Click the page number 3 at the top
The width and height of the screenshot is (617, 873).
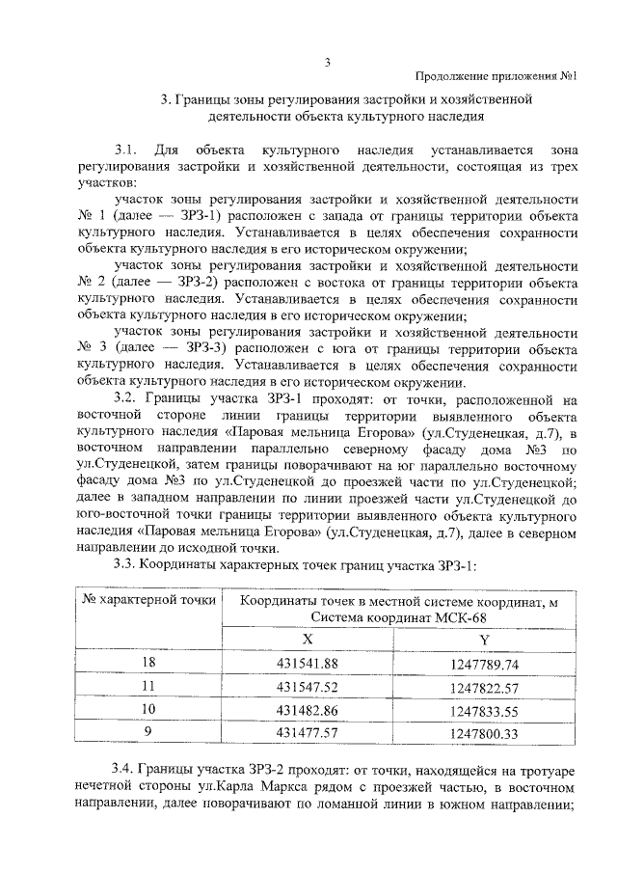[x=328, y=63]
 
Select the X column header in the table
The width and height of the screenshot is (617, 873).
[x=308, y=640]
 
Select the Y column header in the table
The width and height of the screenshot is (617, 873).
[x=484, y=640]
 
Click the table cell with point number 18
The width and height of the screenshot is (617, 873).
[x=148, y=664]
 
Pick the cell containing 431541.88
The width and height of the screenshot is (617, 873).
[x=308, y=664]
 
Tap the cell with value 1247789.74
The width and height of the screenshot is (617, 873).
[x=484, y=665]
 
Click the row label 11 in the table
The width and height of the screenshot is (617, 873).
[x=148, y=687]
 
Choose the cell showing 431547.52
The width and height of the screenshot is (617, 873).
[x=308, y=687]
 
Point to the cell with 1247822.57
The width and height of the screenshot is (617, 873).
[x=484, y=688]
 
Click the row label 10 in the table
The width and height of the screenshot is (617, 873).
[x=148, y=710]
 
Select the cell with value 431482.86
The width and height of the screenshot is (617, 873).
[x=308, y=710]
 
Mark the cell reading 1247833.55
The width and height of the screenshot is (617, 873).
[x=484, y=711]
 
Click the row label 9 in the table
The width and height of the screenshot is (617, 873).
[x=148, y=732]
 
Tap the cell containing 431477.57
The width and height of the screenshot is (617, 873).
[x=308, y=732]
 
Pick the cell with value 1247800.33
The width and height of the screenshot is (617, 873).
[x=484, y=733]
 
